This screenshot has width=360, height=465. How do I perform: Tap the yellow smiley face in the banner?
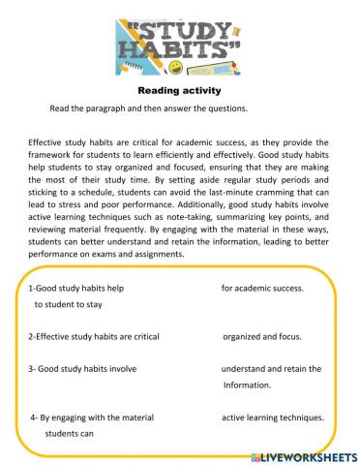click(x=175, y=67)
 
